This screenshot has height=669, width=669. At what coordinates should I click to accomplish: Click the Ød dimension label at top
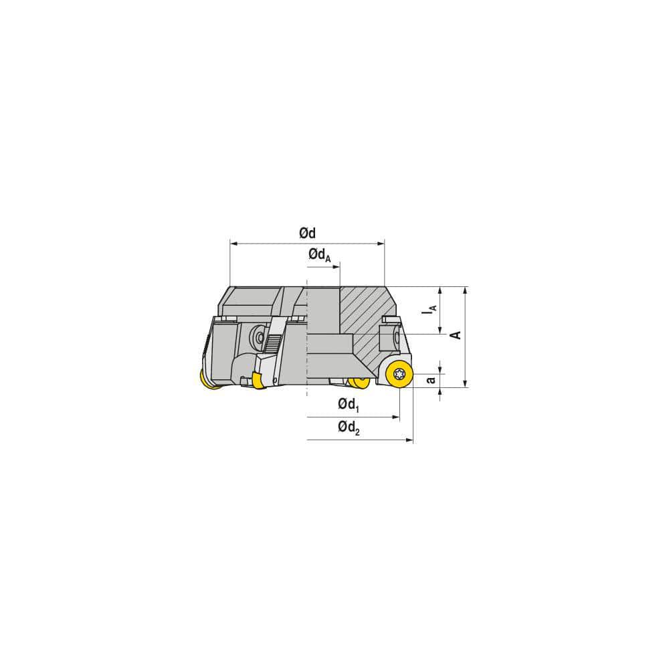pyautogui.click(x=307, y=233)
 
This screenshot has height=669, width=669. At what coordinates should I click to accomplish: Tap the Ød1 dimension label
pyautogui.click(x=349, y=404)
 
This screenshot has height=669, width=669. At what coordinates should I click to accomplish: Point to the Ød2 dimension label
pyautogui.click(x=349, y=427)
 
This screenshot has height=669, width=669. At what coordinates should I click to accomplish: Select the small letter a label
pyautogui.click(x=432, y=379)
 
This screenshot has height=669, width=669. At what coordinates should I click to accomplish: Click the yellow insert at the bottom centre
pyautogui.click(x=359, y=382)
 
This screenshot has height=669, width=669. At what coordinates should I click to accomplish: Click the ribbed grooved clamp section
pyautogui.click(x=272, y=342)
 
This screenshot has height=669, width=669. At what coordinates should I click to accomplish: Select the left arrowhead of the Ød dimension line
pyautogui.click(x=233, y=244)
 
